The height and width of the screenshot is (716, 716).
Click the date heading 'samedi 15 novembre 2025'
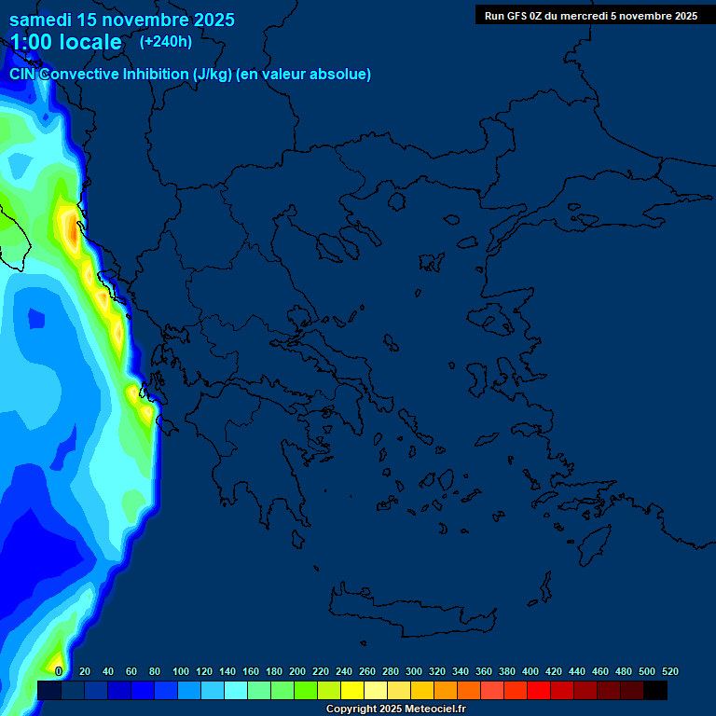click(x=122, y=20)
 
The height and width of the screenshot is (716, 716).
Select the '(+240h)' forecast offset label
click(x=166, y=41)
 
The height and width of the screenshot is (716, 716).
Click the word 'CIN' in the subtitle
click(x=22, y=75)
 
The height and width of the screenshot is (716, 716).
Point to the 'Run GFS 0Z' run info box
click(x=590, y=15)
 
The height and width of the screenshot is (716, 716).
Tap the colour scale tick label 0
click(x=59, y=671)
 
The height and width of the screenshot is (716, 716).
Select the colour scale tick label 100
click(x=181, y=671)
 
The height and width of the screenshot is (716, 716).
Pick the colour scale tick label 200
click(x=297, y=671)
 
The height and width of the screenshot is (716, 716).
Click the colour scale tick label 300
click(x=414, y=671)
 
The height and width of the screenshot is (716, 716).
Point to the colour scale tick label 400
click(x=530, y=671)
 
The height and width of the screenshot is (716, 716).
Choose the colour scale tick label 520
click(x=669, y=671)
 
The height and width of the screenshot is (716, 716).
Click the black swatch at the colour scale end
click(x=655, y=691)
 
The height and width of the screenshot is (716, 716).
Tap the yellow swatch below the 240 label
click(x=352, y=691)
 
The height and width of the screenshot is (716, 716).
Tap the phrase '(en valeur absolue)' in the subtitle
click(x=304, y=75)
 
